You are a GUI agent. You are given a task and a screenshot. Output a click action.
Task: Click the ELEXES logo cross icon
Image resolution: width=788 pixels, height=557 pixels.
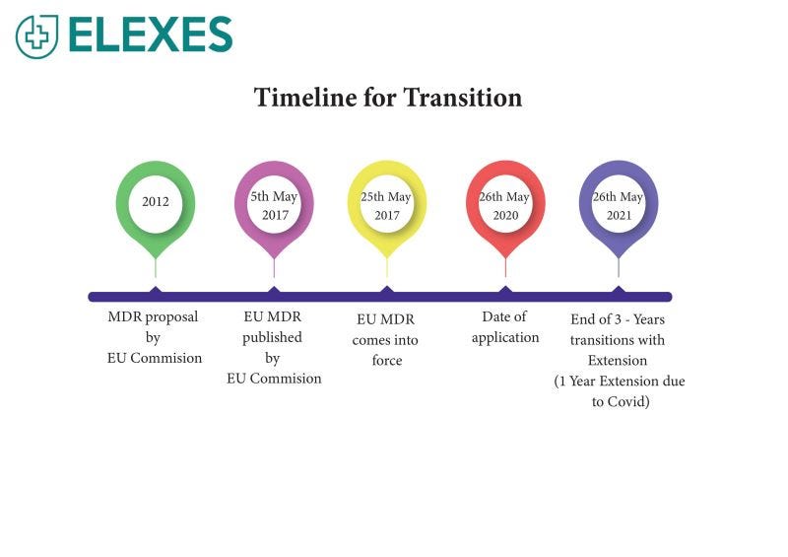pos(36,35)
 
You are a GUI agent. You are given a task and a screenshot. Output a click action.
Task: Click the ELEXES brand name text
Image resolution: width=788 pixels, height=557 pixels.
pos(151,35)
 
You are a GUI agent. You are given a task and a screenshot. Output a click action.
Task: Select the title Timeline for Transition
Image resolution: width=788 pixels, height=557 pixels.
pos(387,98)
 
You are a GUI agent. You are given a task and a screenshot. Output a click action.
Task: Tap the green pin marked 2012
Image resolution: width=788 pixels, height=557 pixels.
pos(156,202)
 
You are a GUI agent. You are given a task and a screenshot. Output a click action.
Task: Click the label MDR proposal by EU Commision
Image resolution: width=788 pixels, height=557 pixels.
pos(154,337)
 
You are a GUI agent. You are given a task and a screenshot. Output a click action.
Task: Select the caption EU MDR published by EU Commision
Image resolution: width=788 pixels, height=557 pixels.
pos(274,347)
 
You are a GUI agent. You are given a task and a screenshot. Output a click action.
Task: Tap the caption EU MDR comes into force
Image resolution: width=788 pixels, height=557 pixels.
pos(386,340)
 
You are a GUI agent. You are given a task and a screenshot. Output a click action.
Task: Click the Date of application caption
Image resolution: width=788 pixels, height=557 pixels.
pos(505,327)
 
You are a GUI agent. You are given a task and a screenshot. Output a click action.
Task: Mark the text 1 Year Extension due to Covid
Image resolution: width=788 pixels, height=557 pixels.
pos(620,391)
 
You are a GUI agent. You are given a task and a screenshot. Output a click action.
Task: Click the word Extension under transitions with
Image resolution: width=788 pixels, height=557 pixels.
pos(619,361)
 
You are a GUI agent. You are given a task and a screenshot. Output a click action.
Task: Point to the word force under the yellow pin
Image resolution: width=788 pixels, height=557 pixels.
pos(387,361)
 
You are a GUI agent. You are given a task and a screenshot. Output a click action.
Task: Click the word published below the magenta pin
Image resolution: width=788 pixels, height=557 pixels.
pos(273,337)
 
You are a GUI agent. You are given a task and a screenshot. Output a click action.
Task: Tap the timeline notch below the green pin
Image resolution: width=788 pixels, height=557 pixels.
pos(156,291)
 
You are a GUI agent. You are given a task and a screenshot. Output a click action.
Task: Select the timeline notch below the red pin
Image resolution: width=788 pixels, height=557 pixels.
pos(505,291)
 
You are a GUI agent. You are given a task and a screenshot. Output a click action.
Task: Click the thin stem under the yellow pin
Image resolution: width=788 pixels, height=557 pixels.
pos(387,266)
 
